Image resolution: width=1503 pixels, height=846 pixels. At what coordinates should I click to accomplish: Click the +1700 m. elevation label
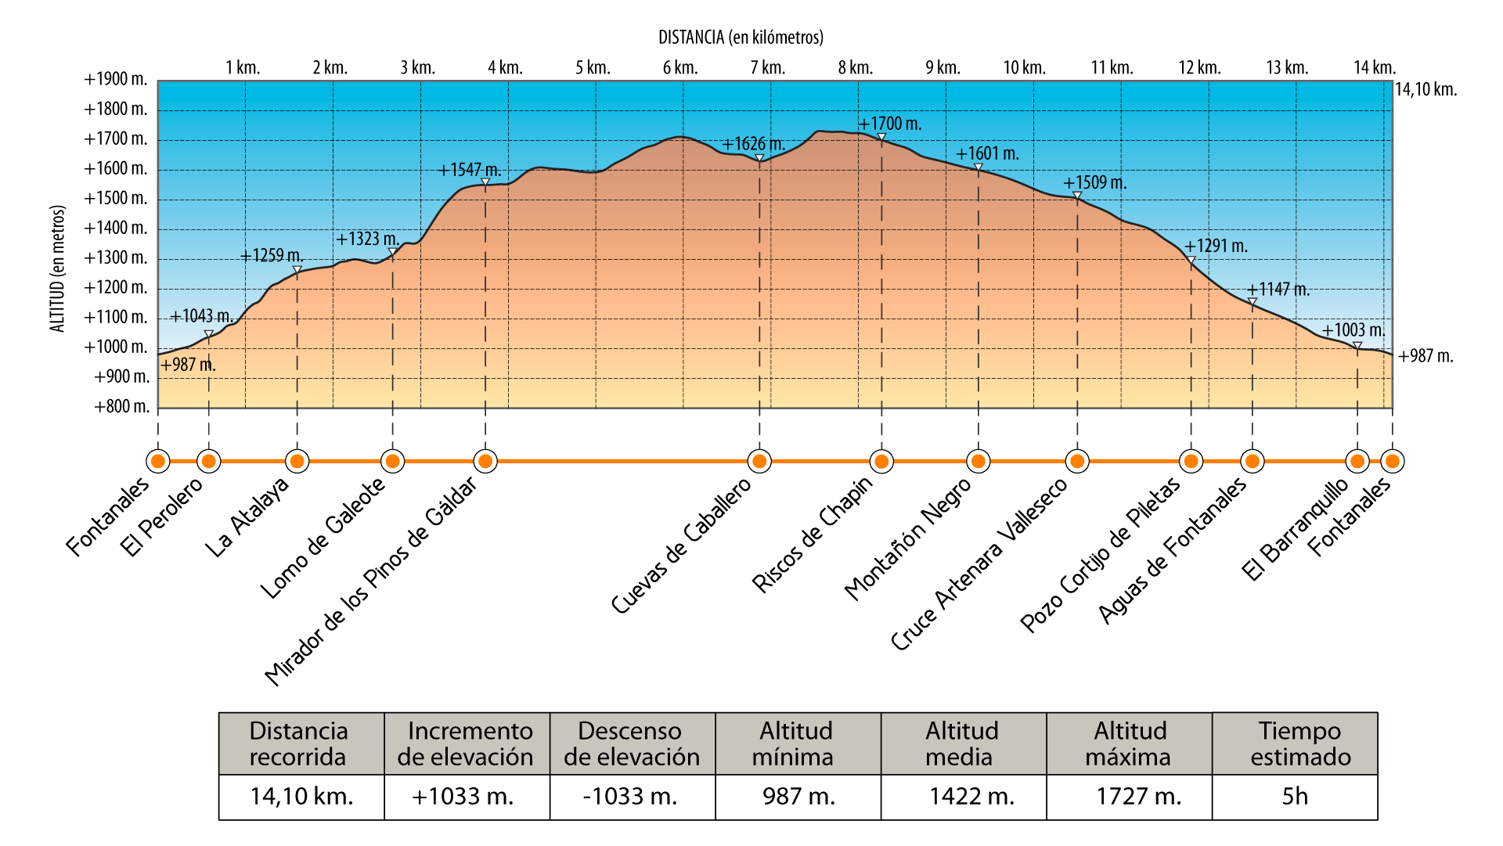tap(890, 124)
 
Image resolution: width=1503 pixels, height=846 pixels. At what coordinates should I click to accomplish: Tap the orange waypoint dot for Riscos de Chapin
tap(881, 461)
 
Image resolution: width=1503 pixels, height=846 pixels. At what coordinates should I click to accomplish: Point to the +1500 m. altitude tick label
tap(116, 199)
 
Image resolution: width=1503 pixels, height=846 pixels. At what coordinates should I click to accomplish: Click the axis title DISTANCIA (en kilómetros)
tap(741, 38)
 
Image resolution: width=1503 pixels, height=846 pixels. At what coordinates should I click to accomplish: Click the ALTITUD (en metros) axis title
tap(58, 268)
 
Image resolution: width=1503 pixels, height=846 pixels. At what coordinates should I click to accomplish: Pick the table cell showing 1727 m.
tap(1138, 797)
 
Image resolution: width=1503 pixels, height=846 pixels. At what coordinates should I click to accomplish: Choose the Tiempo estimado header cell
tap(1299, 743)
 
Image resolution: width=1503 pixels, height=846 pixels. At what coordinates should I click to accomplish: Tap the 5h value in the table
tap(1295, 797)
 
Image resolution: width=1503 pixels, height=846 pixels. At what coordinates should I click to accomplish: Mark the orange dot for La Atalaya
tap(297, 461)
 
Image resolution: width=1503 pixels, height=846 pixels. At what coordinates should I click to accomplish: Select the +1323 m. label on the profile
tap(367, 239)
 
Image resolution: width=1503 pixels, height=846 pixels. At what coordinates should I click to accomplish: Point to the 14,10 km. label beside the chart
tap(1426, 90)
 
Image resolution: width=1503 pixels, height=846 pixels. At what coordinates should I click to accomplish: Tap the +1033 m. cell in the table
tap(463, 797)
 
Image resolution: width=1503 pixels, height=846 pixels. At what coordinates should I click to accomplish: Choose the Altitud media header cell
tap(962, 743)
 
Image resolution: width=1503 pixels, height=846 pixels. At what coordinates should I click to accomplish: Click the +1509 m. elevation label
tap(1094, 183)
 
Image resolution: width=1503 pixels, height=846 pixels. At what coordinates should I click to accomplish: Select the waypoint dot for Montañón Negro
tap(978, 461)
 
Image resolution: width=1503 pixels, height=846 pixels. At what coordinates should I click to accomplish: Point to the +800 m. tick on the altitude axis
tap(121, 407)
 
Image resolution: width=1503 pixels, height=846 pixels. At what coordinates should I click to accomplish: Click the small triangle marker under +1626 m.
tap(759, 159)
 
